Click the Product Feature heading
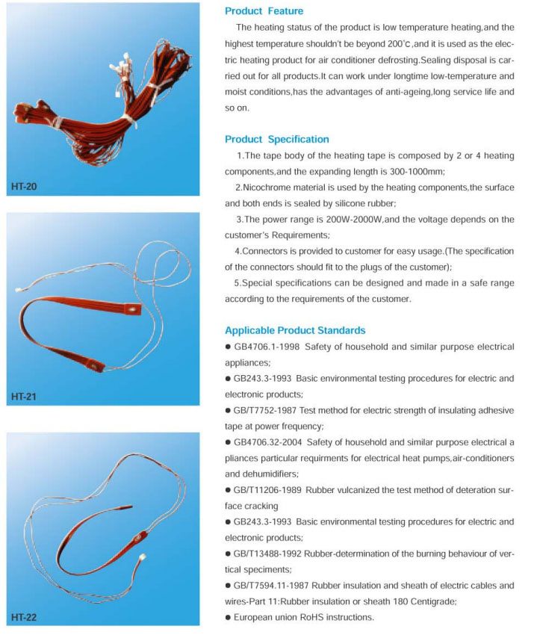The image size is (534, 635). coord(264,11)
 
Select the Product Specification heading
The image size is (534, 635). coord(276,139)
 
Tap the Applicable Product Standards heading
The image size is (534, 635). coord(295,329)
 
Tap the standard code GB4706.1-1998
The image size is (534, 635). coord(266,347)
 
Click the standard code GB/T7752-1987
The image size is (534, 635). coord(269,411)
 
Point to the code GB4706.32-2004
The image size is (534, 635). coord(269,443)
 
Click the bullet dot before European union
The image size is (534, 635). coord(228,618)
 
